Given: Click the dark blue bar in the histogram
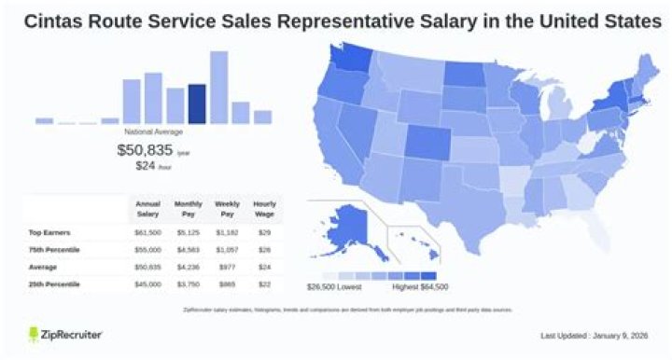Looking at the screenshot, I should (197, 104).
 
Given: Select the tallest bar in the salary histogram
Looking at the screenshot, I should (219, 88).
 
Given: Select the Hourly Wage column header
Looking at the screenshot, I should (265, 207).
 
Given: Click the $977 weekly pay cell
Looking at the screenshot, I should (227, 266).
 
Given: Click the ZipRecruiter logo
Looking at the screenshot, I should (64, 334).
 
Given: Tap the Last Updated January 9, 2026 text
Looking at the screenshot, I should (594, 335).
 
